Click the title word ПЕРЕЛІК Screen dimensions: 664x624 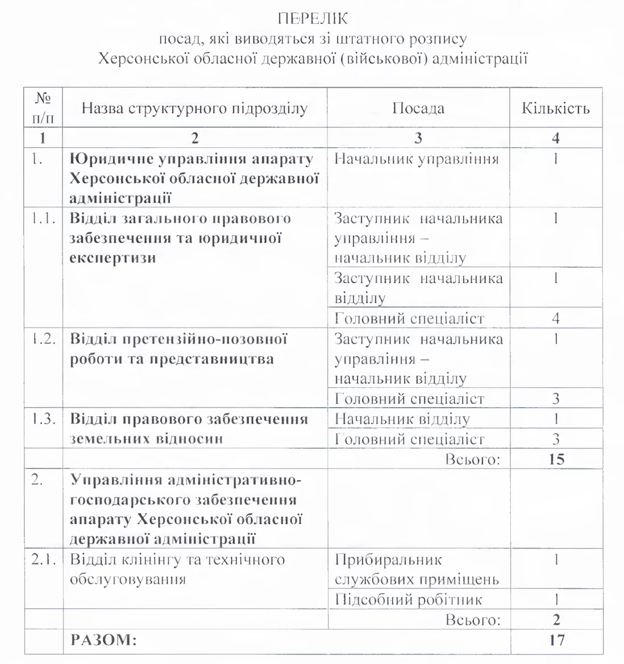pos(311,20)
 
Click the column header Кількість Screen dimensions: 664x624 pos(556,108)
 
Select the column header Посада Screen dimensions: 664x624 pos(418,108)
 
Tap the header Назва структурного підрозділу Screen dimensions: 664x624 pos(194,108)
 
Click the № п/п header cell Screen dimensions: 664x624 pos(43,108)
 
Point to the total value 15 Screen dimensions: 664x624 pos(556,459)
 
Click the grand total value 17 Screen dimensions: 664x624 pos(556,640)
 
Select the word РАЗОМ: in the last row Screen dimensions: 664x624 pos(103,640)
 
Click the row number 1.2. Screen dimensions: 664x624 pos(44,339)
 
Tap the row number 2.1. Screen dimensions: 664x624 pos(44,559)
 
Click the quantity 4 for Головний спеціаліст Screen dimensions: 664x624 pos(556,318)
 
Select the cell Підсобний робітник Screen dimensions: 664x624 pos(409,599)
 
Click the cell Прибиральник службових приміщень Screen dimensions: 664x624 pos(417,570)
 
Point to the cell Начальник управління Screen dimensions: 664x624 pos(417,159)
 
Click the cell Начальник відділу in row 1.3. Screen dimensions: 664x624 pos(402,420)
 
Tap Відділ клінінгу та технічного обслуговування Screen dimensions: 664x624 pos(177,570)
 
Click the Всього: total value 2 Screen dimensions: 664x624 pos(556,619)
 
